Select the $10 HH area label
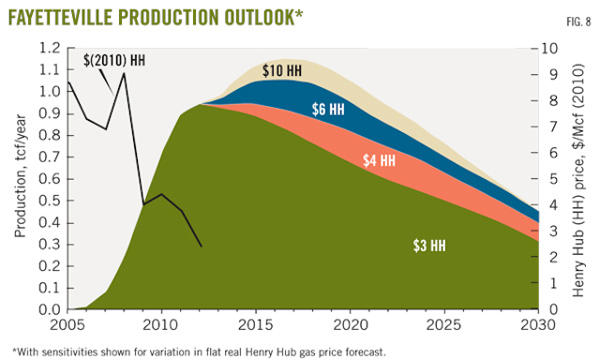point(280,71)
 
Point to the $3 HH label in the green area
point(428,246)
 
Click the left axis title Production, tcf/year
point(20,178)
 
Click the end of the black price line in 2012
point(201,247)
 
